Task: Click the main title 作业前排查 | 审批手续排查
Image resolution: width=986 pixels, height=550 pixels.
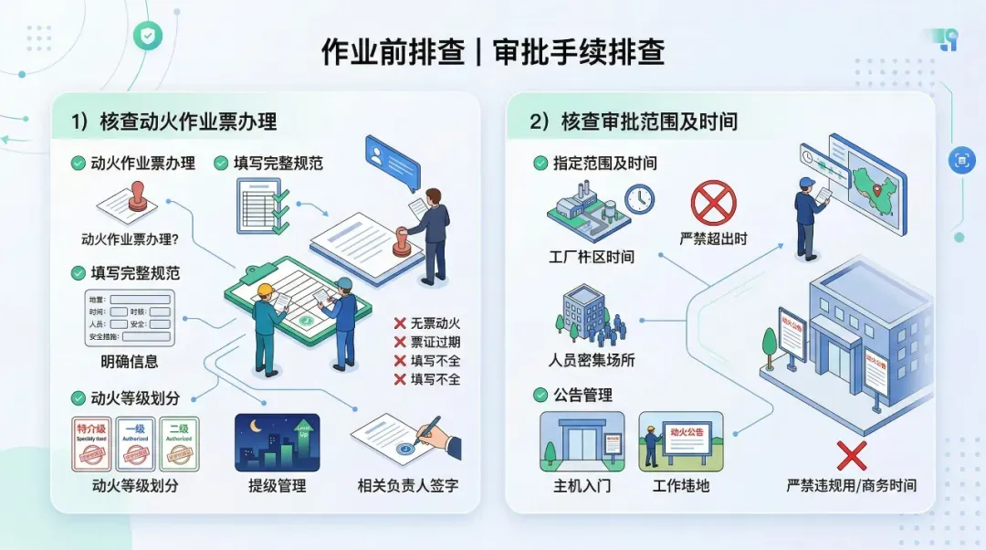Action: coord(492,52)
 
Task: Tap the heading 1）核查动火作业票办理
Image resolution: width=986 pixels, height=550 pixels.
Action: coord(173,121)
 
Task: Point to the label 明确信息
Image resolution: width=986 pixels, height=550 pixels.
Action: coord(129,361)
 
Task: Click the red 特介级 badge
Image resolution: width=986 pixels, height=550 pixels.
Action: coord(91,443)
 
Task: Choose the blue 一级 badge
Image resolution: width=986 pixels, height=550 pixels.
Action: coord(135,443)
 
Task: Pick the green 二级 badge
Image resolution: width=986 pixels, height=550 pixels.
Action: coord(179,443)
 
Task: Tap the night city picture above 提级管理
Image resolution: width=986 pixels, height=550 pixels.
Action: coord(277,442)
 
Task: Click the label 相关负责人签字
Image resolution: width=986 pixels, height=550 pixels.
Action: coord(407,486)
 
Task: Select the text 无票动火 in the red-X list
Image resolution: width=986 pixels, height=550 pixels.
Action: coord(435,323)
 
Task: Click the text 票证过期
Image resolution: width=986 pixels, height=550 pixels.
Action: coord(435,342)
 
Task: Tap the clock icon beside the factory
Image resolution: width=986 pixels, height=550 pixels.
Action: coord(639,198)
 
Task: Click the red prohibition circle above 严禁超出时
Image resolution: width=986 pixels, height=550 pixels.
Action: coord(713,202)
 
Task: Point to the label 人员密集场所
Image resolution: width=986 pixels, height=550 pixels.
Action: coord(592,360)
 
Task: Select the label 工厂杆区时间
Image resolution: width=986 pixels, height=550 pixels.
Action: coord(592,258)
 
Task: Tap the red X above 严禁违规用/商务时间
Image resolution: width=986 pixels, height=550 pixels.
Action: coord(851,454)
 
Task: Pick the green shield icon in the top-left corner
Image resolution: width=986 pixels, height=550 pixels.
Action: coord(145,36)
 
